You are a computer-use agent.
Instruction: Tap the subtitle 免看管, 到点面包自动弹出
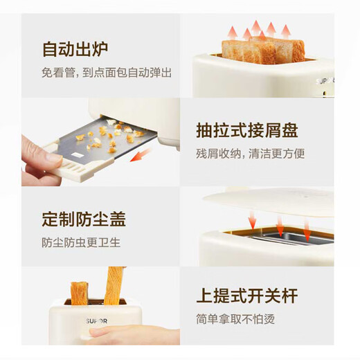107,72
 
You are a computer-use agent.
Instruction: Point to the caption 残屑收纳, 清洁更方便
250,153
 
